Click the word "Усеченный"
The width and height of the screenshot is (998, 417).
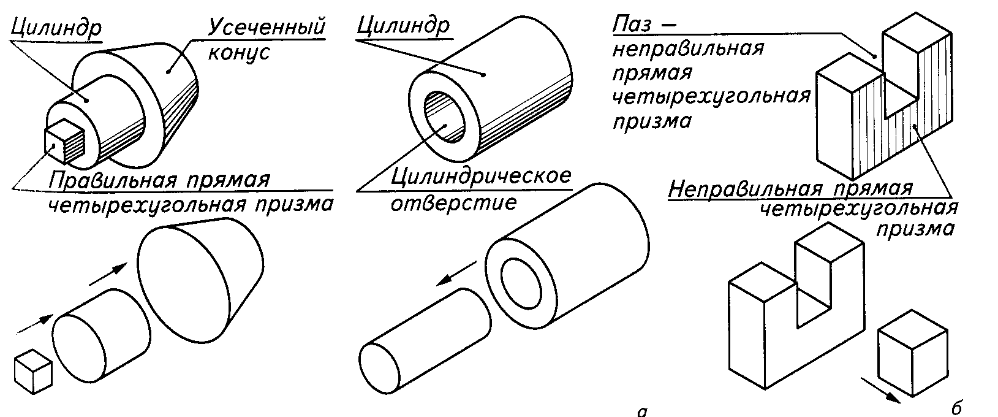click(x=267, y=28)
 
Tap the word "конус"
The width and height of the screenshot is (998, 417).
click(x=239, y=53)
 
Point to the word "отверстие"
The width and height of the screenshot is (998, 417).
click(x=453, y=202)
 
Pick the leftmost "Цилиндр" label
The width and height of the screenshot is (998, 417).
click(x=56, y=28)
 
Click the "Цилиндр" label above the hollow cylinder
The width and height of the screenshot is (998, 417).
click(x=403, y=26)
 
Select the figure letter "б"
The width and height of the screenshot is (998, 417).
click(x=957, y=407)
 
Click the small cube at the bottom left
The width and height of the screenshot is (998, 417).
click(x=32, y=372)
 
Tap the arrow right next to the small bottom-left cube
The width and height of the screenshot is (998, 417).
click(x=35, y=325)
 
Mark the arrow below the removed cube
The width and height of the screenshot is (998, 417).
click(x=880, y=390)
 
